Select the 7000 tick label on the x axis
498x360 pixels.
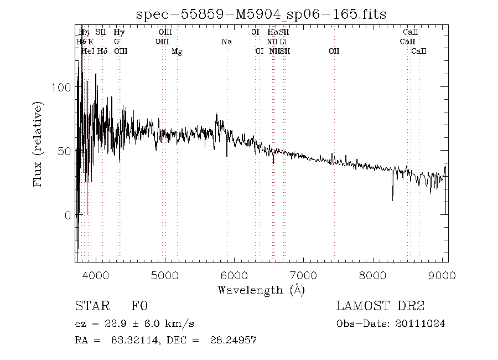pos(304,275)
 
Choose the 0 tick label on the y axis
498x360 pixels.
pos(68,215)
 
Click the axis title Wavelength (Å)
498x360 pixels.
pos(261,290)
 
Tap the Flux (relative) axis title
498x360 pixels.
pos(38,143)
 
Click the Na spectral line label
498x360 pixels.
pos(226,42)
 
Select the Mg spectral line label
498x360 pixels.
pos(177,52)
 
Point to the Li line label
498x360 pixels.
pos(283,42)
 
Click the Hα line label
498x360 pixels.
pos(272,33)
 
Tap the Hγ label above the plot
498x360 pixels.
pos(119,33)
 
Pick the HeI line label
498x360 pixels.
pos(88,52)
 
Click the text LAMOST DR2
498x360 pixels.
pos(380,306)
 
